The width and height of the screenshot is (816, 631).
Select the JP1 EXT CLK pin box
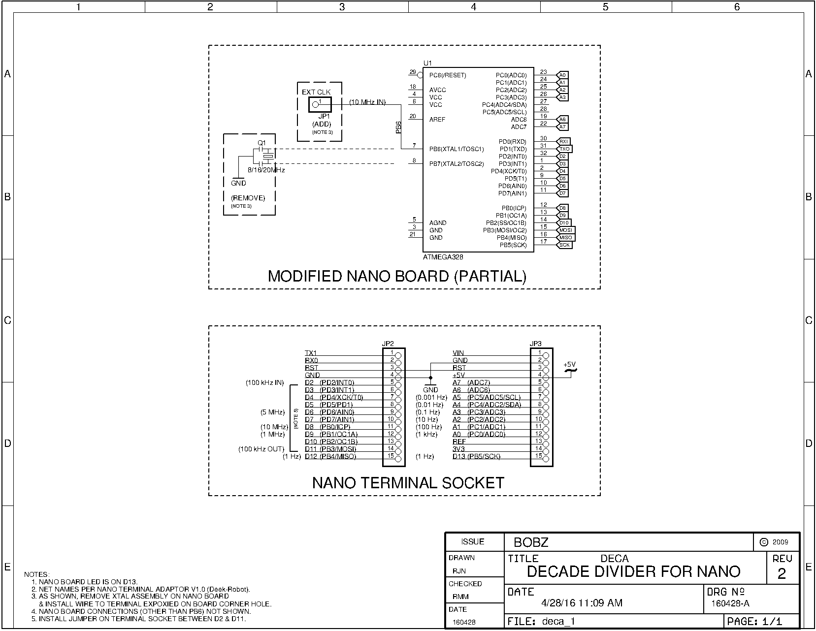(x=320, y=104)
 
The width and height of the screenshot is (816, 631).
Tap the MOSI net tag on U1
(x=565, y=230)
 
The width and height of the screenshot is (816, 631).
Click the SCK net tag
(x=564, y=245)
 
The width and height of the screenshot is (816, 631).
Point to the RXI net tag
(x=563, y=142)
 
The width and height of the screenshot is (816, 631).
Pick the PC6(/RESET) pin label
(x=447, y=75)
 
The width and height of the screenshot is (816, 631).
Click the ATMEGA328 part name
(x=443, y=257)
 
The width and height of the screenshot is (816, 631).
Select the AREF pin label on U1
(x=437, y=120)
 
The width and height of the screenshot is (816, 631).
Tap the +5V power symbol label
(x=570, y=365)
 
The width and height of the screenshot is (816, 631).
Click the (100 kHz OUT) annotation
(x=261, y=449)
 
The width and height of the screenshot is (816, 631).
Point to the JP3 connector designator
(x=535, y=344)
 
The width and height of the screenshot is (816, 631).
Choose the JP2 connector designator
(x=388, y=344)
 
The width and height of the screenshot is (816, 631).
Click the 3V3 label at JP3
(x=458, y=449)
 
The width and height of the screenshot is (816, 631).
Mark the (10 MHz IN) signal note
(x=367, y=102)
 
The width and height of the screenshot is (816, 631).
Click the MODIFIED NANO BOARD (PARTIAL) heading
(x=397, y=276)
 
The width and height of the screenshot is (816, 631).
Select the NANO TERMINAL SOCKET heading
(x=408, y=483)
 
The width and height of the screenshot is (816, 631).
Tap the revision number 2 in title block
(x=782, y=574)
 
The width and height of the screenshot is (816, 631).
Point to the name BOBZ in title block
(x=531, y=542)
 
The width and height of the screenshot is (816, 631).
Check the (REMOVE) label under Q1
(x=248, y=198)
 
